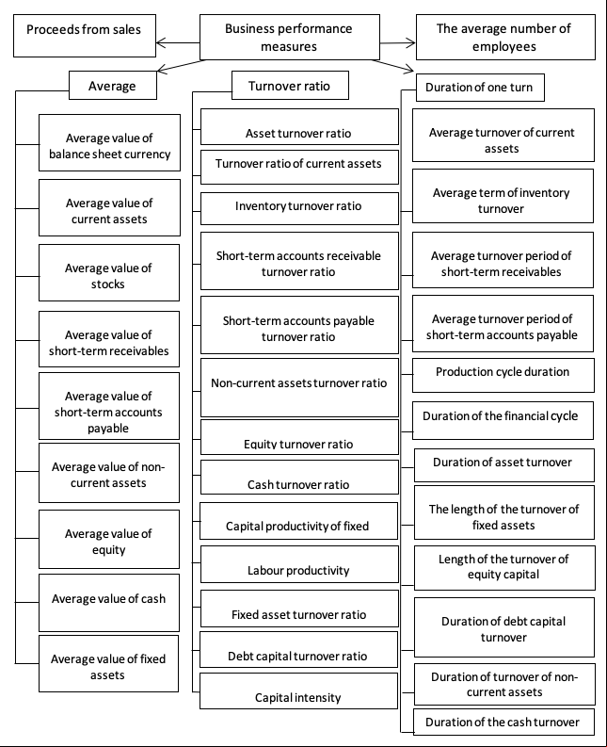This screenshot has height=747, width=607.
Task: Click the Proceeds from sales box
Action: (85, 36)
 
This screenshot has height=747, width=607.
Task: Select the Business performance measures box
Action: (290, 37)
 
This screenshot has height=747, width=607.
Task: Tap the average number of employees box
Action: (505, 37)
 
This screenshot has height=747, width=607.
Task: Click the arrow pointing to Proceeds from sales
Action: (178, 43)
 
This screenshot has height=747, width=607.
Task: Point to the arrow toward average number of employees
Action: (397, 43)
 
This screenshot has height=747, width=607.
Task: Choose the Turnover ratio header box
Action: (290, 86)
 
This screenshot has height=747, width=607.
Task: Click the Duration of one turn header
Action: (480, 88)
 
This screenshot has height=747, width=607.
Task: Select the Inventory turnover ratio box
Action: (299, 208)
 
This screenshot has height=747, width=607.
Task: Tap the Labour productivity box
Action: (299, 564)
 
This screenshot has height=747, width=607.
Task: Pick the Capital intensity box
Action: (298, 690)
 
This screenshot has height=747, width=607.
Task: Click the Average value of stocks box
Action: (109, 272)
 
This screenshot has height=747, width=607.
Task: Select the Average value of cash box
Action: (109, 603)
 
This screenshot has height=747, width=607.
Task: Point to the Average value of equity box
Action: (109, 539)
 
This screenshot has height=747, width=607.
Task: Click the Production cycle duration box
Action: (503, 376)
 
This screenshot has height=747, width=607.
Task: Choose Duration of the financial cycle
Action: (503, 420)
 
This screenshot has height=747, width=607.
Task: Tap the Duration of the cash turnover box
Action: (503, 722)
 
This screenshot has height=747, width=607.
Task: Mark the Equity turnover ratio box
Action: (299, 437)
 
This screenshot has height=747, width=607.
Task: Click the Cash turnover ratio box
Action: (299, 477)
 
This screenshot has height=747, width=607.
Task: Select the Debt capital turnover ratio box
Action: (298, 649)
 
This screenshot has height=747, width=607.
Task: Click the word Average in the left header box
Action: (112, 87)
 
